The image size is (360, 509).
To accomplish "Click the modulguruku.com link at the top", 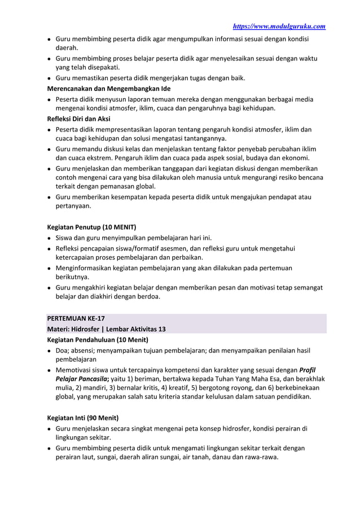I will coord(279,27).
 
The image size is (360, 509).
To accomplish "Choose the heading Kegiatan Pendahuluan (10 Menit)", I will coord(96,340).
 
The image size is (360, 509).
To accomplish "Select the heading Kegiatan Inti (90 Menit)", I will coord(82,418).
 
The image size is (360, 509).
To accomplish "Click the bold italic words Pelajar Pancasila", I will coord(78,379).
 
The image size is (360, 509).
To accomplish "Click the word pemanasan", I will coord(116,186).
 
